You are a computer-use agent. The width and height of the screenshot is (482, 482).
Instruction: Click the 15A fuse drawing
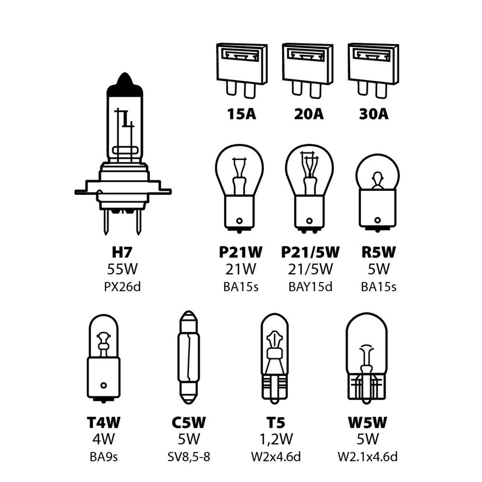point(242,71)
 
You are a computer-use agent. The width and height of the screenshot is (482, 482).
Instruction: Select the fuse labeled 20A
point(308,71)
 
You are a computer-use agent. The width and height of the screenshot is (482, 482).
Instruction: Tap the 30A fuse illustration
point(374,71)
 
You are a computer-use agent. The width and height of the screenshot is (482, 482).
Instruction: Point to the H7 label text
point(122,252)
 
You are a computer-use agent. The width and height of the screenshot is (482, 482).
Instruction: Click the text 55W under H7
point(122,269)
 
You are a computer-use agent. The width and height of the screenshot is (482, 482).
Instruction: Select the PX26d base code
point(122,287)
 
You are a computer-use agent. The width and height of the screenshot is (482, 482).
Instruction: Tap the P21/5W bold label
point(310,252)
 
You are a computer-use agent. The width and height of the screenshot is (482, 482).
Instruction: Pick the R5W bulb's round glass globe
point(377,173)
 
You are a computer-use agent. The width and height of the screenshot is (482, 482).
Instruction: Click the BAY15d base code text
point(310,287)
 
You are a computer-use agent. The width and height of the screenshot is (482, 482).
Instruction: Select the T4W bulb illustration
point(104,358)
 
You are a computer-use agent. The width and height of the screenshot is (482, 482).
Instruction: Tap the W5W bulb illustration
point(366,359)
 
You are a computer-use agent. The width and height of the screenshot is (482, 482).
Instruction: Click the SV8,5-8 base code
point(189,457)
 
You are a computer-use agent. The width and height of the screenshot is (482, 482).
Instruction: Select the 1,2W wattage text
point(276,440)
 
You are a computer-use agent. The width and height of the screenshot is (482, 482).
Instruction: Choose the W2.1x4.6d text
point(368,457)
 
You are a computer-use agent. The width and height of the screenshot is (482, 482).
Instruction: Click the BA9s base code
point(104,457)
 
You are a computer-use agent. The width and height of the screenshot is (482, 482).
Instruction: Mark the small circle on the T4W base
point(104,385)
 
